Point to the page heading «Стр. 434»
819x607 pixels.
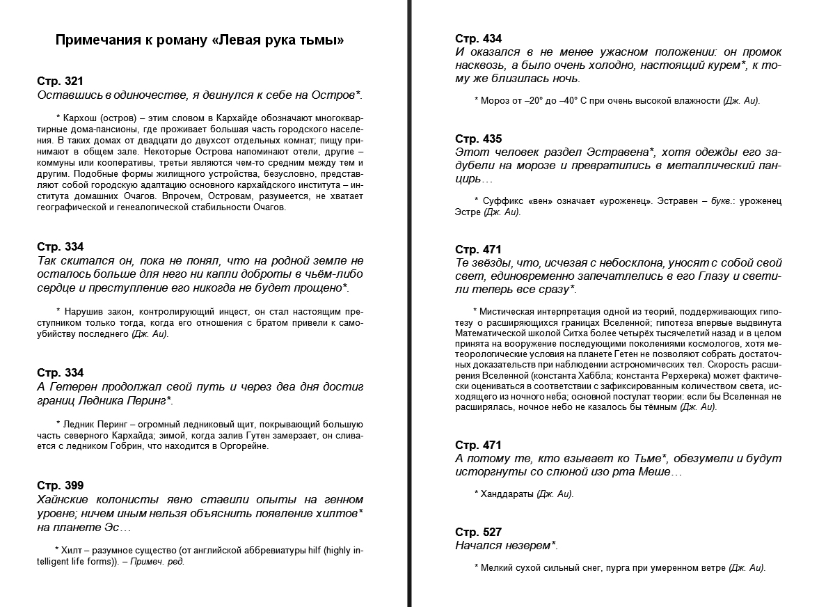[479, 38]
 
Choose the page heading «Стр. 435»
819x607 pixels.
[479, 139]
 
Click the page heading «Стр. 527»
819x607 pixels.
[479, 532]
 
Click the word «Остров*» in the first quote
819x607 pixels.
[341, 95]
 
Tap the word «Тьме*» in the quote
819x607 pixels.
[651, 458]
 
